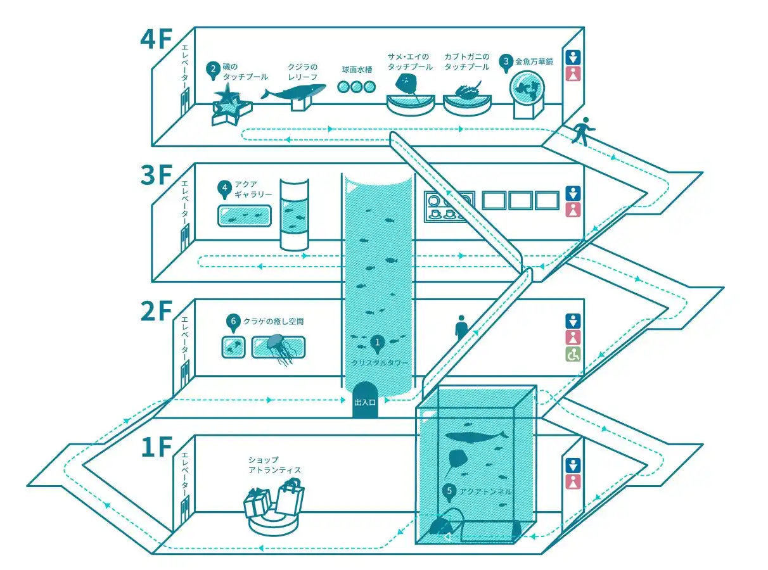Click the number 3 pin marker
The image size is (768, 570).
(506, 62)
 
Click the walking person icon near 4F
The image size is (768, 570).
(584, 131)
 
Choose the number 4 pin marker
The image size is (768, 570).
(224, 188)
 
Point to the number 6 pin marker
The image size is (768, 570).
(233, 322)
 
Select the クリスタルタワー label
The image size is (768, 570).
(380, 363)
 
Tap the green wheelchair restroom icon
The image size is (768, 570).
(573, 355)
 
